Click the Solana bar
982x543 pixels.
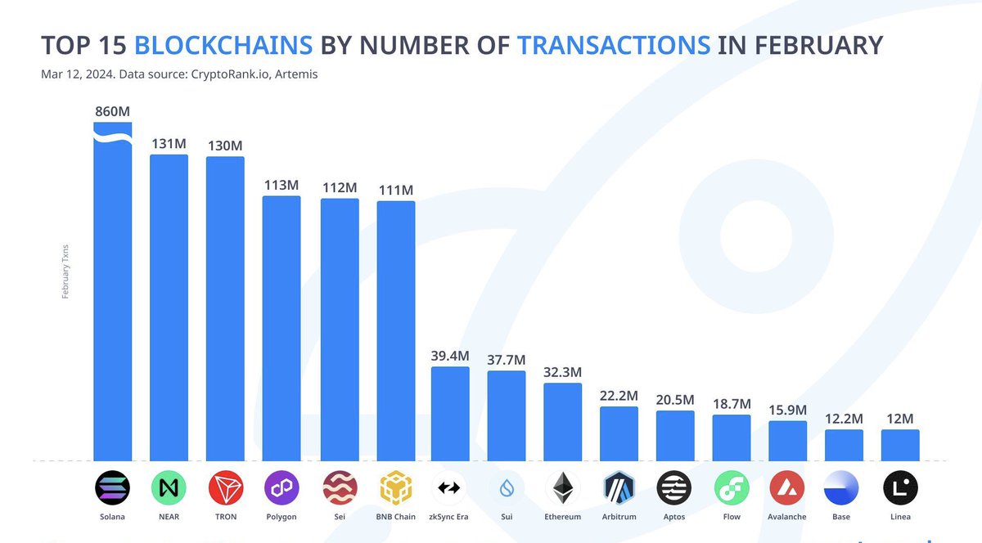(x=112, y=294)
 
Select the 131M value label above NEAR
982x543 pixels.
(x=169, y=144)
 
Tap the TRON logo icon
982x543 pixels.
(x=225, y=488)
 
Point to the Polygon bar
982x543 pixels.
(x=282, y=327)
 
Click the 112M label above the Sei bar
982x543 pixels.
(x=339, y=188)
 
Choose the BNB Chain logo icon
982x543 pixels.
(x=395, y=488)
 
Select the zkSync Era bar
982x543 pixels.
(x=450, y=413)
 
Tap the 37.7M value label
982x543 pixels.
(x=507, y=360)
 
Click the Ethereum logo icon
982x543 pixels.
(x=563, y=488)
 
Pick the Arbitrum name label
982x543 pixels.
(x=619, y=517)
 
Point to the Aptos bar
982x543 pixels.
(x=675, y=435)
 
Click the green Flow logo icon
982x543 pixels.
(x=732, y=488)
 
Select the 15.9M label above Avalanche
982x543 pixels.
(x=788, y=410)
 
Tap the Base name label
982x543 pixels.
(x=844, y=517)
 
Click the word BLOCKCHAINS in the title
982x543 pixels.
(x=223, y=44)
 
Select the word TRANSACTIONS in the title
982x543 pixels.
(x=614, y=44)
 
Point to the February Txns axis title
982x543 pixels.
(x=65, y=270)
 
